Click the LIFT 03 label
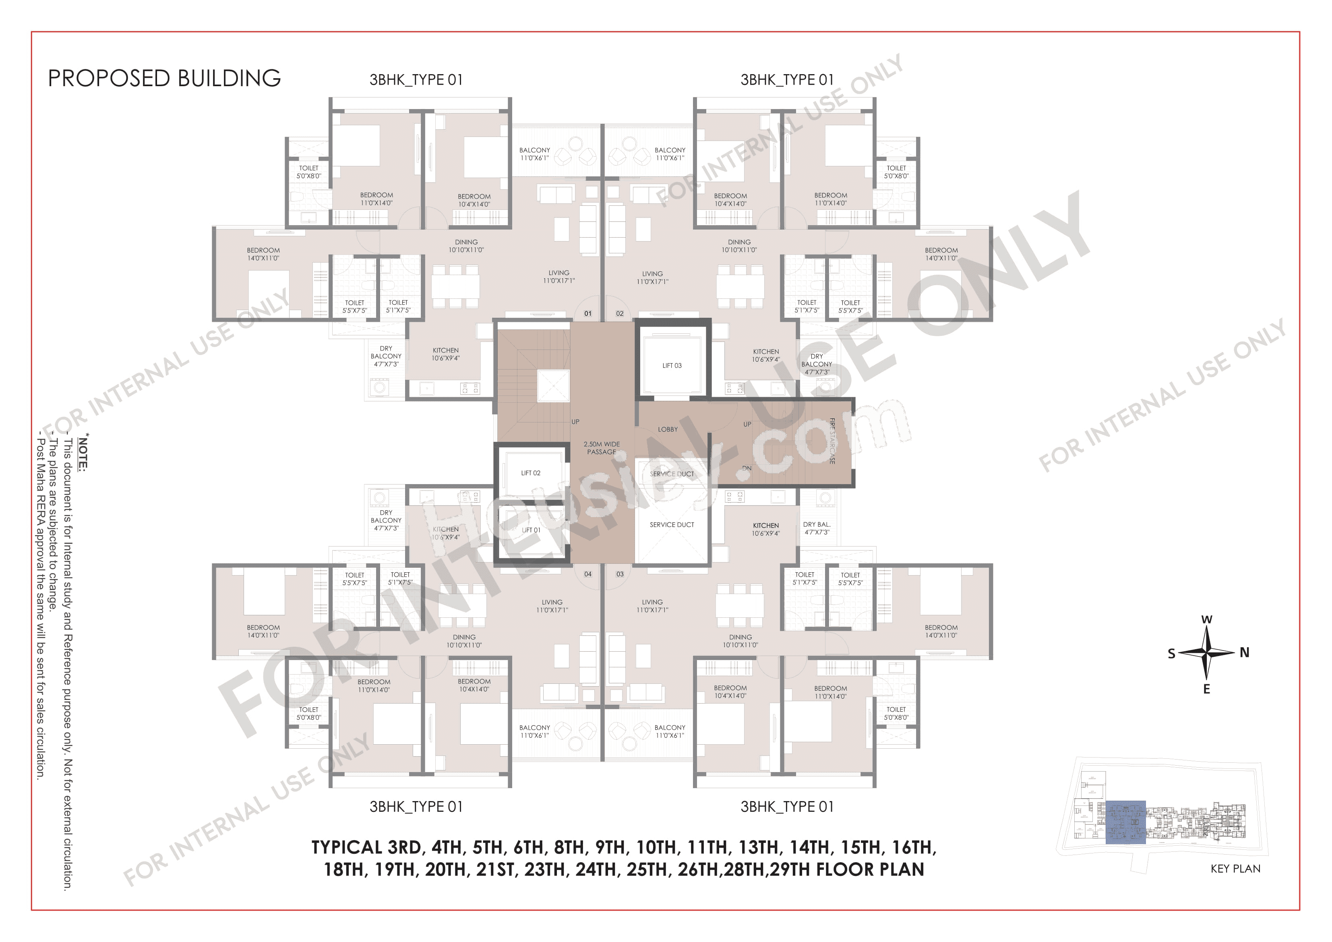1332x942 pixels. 672,366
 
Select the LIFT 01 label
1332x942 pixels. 531,530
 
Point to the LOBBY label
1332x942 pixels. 668,429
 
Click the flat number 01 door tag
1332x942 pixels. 587,313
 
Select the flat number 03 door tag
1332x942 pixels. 620,574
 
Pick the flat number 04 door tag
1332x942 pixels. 587,574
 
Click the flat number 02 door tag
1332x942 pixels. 620,313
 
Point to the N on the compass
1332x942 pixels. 1244,652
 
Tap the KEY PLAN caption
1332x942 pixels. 1235,869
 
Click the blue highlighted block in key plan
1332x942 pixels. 1125,822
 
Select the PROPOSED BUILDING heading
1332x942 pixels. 164,79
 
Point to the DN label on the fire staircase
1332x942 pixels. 747,468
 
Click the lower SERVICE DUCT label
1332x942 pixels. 672,525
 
